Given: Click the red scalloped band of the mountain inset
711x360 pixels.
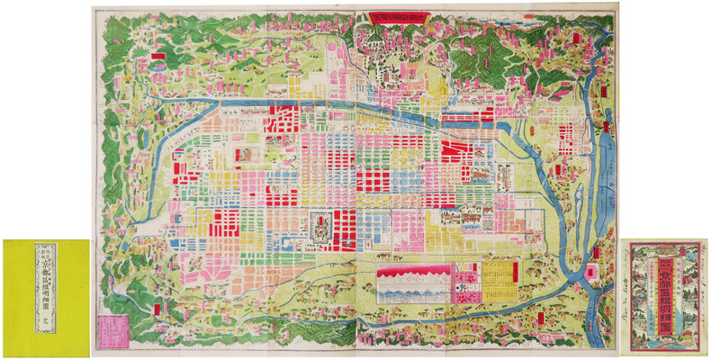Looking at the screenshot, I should click(x=410, y=269).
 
